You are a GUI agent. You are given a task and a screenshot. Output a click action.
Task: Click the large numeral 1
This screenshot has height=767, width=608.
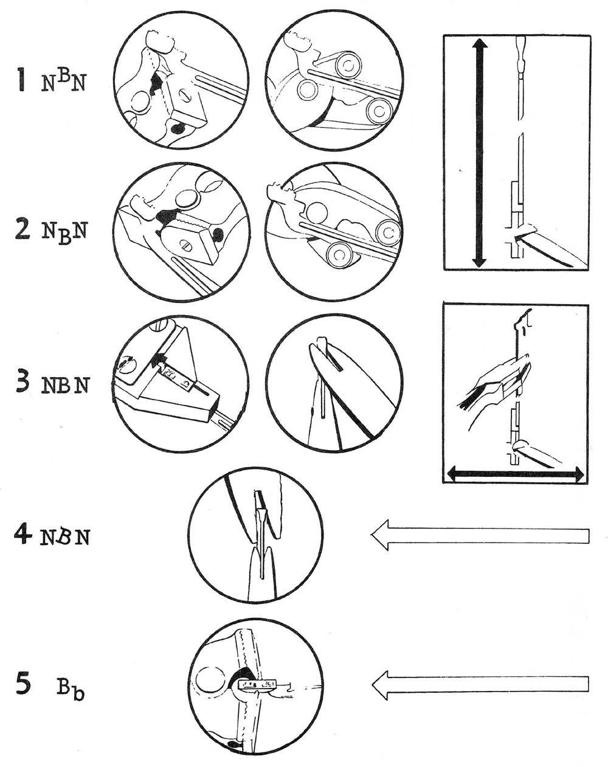coord(22,80)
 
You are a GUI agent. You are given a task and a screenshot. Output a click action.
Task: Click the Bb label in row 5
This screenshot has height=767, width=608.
coord(71,689)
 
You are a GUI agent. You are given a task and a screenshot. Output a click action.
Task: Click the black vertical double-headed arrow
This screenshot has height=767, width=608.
coord(479,152)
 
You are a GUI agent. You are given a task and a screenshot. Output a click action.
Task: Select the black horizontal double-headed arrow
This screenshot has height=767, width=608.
coord(516,473)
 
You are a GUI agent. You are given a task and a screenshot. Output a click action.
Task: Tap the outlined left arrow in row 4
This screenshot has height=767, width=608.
coord(480,535)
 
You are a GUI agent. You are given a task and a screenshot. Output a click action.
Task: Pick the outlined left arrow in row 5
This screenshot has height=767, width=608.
coord(480,685)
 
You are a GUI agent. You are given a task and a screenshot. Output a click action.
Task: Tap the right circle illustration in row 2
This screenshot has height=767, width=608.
coord(334,232)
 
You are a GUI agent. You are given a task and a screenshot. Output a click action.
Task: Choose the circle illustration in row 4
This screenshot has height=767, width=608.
coord(255,535)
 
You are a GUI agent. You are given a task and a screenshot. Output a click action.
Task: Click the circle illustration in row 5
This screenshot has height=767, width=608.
coord(255,687)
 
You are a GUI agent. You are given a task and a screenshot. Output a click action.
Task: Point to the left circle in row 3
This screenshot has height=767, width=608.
coord(181,383)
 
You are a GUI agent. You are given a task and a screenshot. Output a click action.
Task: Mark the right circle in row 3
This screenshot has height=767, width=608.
coord(334,384)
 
